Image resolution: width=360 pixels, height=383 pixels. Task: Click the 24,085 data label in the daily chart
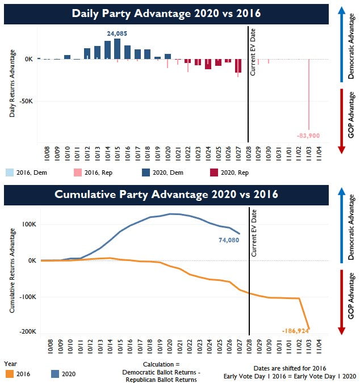point(117,33)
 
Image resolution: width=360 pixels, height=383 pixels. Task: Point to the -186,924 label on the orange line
point(295,330)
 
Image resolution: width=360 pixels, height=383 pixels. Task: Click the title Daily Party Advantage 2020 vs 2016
point(166,14)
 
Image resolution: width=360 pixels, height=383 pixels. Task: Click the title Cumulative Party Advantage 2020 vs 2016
point(166,195)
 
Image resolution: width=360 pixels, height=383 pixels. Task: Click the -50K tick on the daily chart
point(26,100)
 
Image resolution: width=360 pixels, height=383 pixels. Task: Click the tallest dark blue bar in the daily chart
point(117,49)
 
